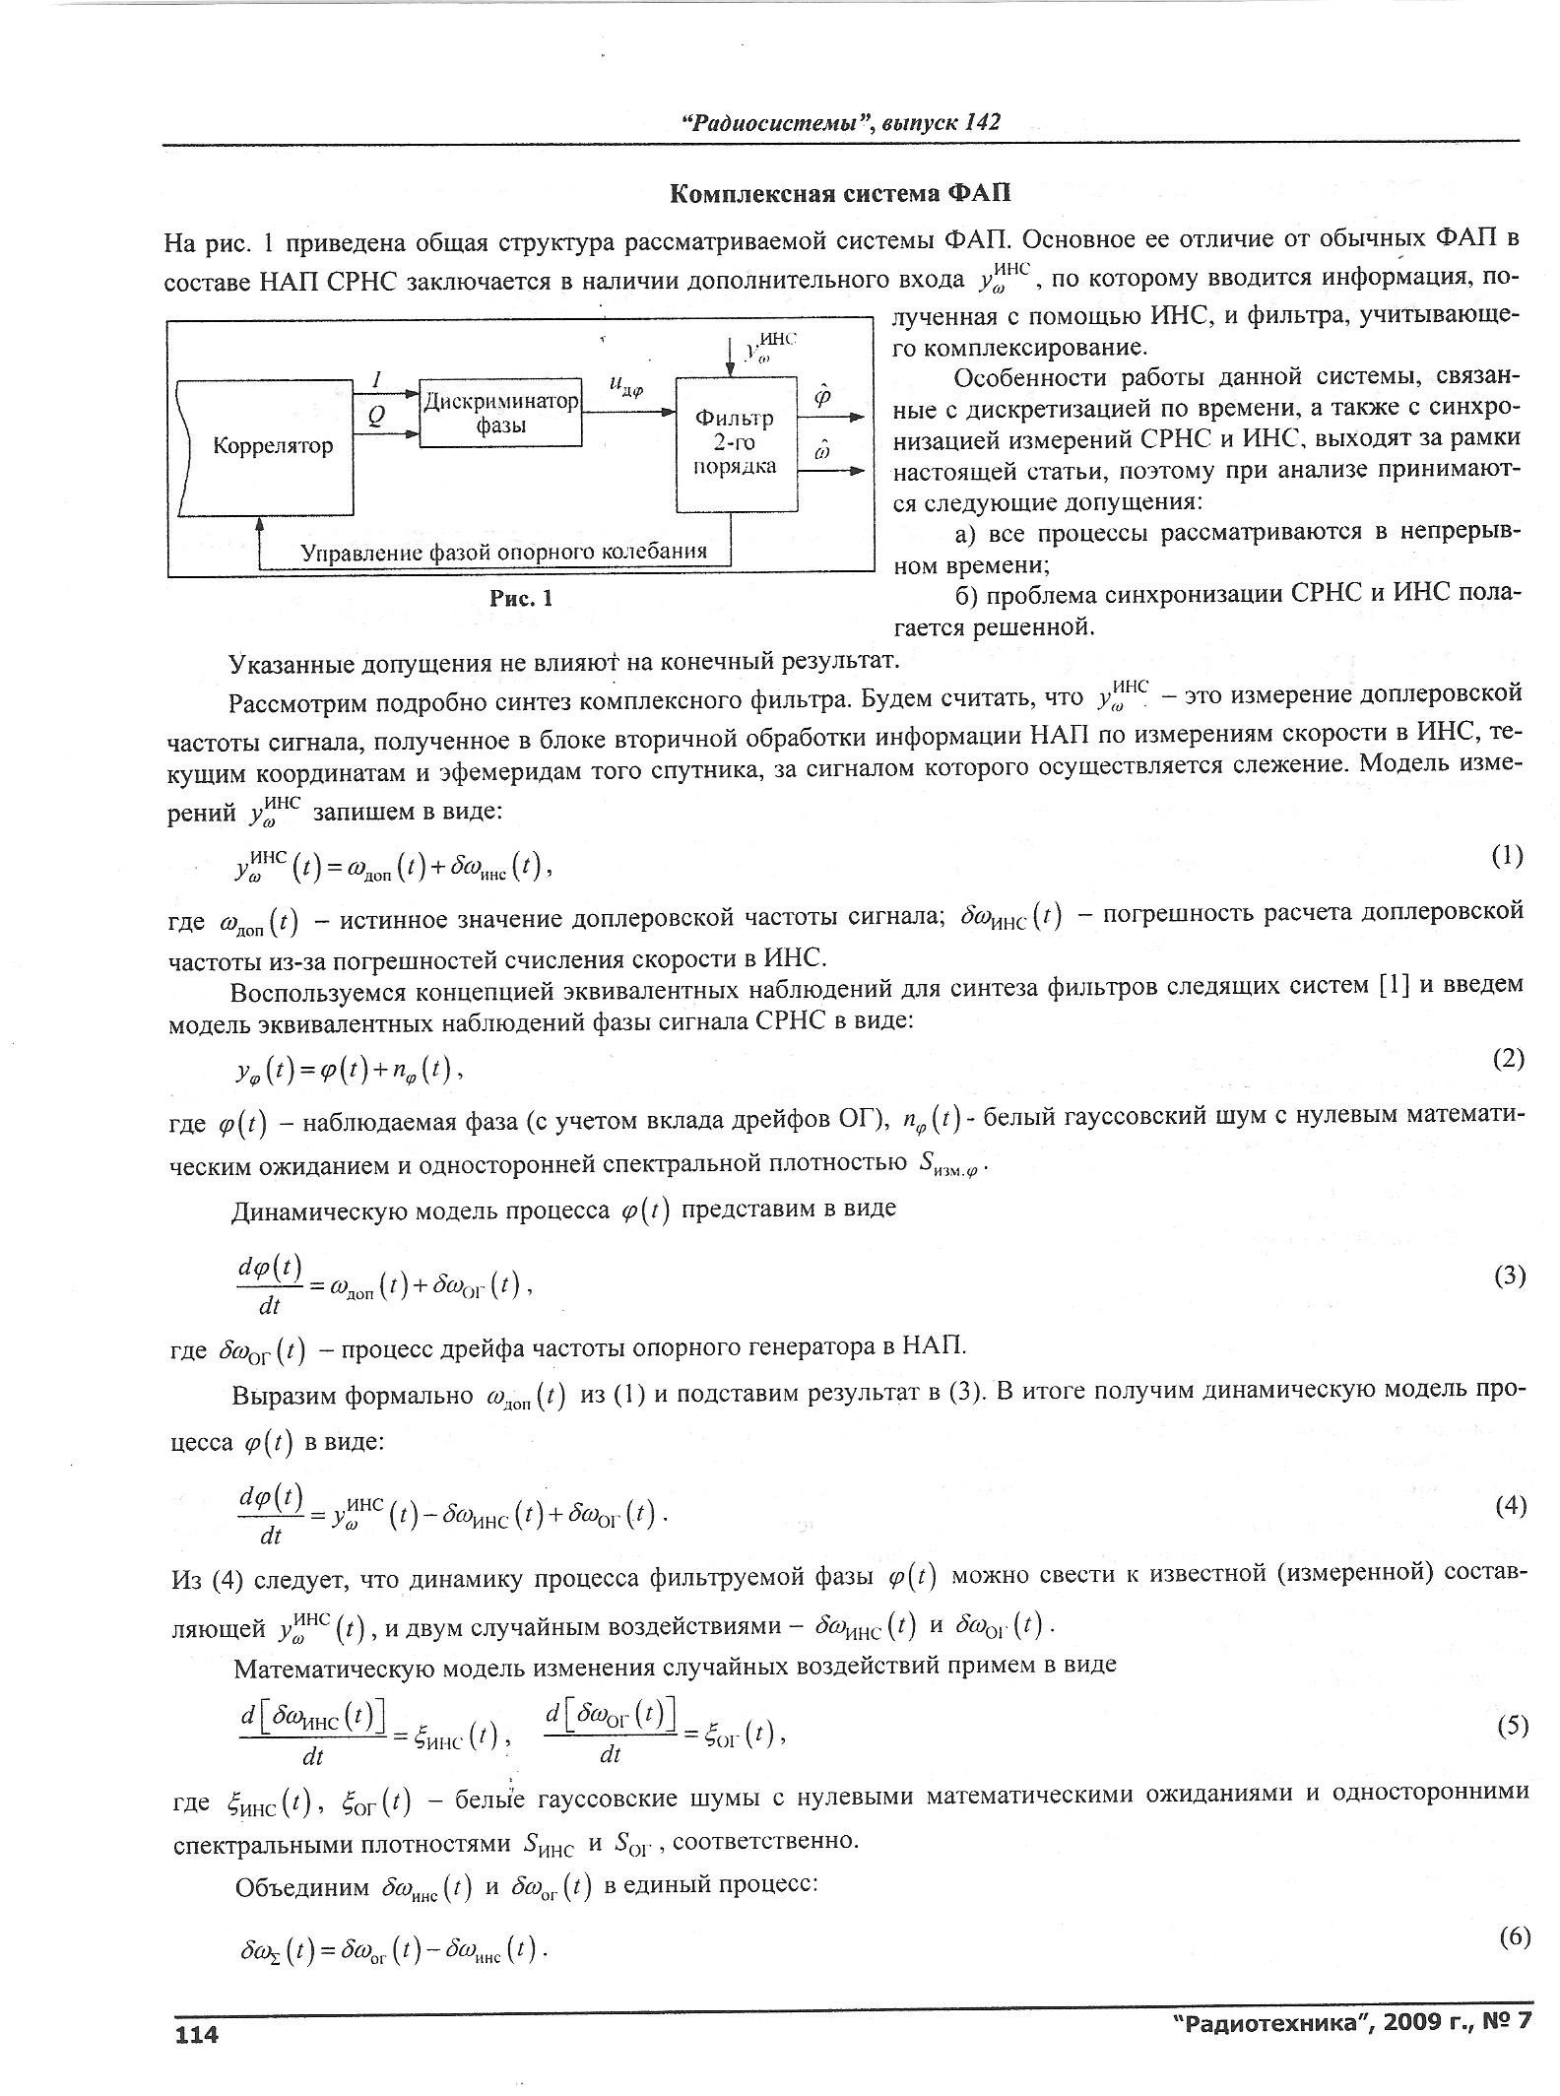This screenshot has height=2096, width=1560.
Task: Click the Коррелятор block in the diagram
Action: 273,446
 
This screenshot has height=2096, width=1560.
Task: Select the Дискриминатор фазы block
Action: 500,414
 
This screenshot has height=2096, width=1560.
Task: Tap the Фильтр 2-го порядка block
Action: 735,442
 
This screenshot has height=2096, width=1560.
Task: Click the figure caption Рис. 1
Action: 522,598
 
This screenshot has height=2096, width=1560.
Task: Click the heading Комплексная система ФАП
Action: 840,193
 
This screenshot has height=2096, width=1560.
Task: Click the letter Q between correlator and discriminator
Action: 376,417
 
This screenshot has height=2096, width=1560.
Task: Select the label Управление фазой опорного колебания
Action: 503,552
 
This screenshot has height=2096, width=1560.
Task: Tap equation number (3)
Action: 1510,1276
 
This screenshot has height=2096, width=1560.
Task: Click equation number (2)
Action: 1508,1059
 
